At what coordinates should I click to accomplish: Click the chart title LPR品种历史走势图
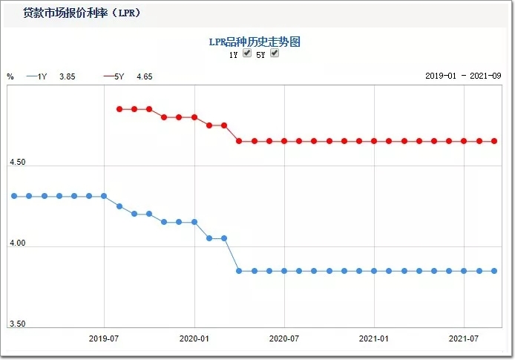pos(254,42)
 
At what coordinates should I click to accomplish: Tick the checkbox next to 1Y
pos(247,53)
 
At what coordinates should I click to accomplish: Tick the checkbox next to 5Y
pos(275,53)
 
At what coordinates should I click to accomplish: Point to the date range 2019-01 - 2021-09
pos(463,76)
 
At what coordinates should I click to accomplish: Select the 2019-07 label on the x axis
pos(104,338)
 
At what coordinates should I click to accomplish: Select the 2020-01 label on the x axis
pos(194,338)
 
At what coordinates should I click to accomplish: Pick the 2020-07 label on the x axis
pos(284,338)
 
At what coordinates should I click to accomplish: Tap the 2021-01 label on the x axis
pos(374,338)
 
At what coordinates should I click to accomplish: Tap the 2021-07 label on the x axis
pos(464,338)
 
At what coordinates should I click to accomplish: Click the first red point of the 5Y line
pos(119,109)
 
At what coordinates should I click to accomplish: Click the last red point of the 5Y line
pos(494,141)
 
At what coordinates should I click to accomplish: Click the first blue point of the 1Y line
pos(14,196)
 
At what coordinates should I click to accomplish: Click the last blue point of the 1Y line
pos(494,271)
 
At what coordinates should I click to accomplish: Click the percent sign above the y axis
pos(10,76)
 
